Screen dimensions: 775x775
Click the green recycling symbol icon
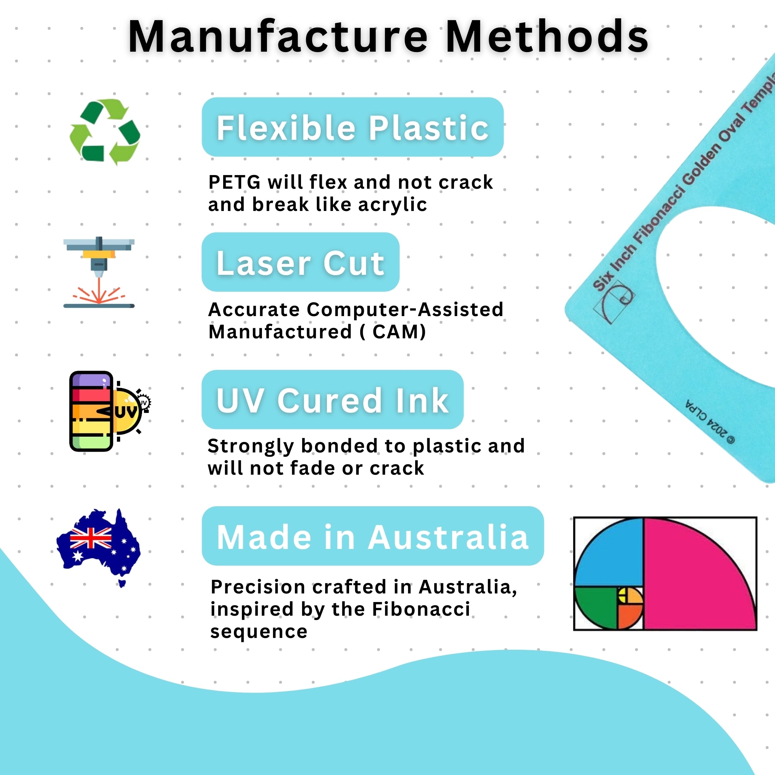pyautogui.click(x=105, y=132)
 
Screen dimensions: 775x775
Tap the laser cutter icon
pyautogui.click(x=99, y=273)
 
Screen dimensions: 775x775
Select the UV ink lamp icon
pyautogui.click(x=109, y=411)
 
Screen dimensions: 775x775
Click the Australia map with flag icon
pyautogui.click(x=99, y=547)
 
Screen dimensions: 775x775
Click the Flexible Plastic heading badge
pyautogui.click(x=353, y=127)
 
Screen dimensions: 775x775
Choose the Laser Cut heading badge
pyautogui.click(x=300, y=262)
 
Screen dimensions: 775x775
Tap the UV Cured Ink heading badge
pyautogui.click(x=333, y=400)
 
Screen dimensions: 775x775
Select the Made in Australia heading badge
pyautogui.click(x=373, y=536)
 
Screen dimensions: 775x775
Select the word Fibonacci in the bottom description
pyautogui.click(x=421, y=609)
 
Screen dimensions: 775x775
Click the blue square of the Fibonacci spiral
pyautogui.click(x=609, y=553)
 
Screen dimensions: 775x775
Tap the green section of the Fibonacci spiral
pyautogui.click(x=595, y=606)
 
